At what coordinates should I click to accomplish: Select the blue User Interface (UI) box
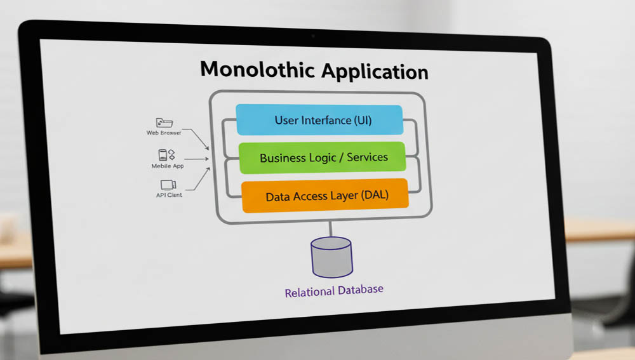point(319,120)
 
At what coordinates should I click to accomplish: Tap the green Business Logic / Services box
point(322,157)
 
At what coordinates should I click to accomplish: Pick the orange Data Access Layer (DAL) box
point(324,196)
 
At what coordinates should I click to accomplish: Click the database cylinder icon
point(331,257)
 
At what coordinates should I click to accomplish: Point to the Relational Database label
point(334,291)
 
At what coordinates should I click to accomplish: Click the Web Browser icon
point(164,123)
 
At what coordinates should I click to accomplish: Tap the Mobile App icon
point(166,155)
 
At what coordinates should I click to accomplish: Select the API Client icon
point(168,185)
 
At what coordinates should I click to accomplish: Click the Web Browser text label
point(164,133)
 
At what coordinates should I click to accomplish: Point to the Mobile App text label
point(167,165)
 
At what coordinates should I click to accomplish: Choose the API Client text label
point(169,195)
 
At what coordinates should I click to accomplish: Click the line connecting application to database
point(330,229)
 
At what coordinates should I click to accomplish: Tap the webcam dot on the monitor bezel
point(312,36)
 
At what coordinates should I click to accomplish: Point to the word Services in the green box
point(367,157)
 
